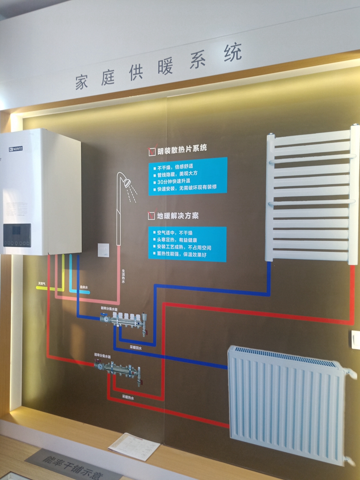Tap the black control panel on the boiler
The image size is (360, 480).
tap(17, 235)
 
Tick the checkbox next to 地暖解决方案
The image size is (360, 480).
tap(151, 216)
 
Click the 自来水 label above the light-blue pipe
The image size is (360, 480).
tap(84, 287)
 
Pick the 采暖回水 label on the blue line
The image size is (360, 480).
tap(135, 348)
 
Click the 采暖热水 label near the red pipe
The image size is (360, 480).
tap(128, 397)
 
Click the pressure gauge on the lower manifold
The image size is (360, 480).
tap(99, 366)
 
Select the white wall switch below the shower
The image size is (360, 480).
tap(103, 250)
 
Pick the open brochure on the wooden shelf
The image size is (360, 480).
tap(134, 446)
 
